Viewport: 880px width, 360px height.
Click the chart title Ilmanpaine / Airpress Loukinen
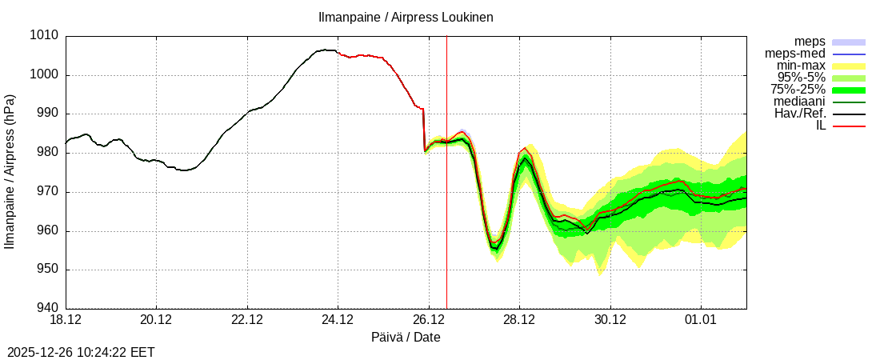point(406,17)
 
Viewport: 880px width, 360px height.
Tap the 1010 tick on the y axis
point(45,36)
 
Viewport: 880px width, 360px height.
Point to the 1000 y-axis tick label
point(45,75)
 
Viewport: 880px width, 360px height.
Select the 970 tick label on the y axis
point(48,192)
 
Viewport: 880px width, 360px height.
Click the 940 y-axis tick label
point(48,309)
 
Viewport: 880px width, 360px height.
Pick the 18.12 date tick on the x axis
point(66,321)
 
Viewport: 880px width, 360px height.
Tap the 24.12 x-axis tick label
point(338,321)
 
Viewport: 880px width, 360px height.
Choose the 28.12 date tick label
point(519,321)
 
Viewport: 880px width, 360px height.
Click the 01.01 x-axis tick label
point(701,321)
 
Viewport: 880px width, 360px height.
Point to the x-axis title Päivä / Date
point(406,338)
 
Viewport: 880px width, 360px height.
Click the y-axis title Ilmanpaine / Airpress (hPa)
point(10,171)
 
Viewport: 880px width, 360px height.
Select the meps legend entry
point(810,42)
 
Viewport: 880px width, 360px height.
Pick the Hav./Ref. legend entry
point(800,114)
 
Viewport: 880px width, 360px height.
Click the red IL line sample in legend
point(849,126)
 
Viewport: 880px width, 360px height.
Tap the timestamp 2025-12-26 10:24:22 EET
point(81,352)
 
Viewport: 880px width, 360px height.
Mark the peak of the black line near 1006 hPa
point(325,50)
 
